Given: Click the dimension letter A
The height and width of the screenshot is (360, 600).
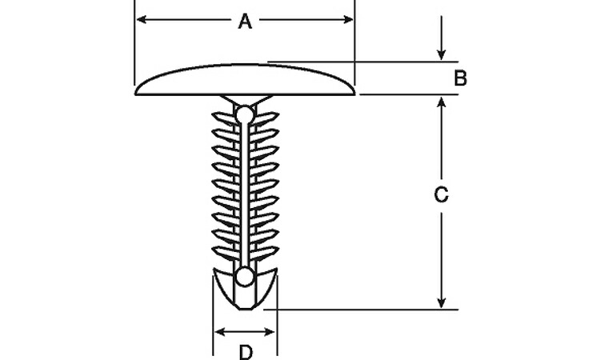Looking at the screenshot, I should click(x=246, y=22).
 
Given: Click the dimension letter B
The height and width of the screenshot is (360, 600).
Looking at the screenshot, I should click(x=460, y=78).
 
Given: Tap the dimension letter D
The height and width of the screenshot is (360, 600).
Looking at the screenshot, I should click(x=246, y=351).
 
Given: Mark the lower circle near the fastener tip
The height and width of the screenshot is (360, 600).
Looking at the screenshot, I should click(x=246, y=278).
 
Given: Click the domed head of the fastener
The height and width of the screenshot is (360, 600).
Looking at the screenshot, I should click(x=246, y=80).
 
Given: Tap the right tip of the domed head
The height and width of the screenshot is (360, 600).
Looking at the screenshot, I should click(x=354, y=93).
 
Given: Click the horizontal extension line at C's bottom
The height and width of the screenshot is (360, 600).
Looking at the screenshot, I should click(x=360, y=309).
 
